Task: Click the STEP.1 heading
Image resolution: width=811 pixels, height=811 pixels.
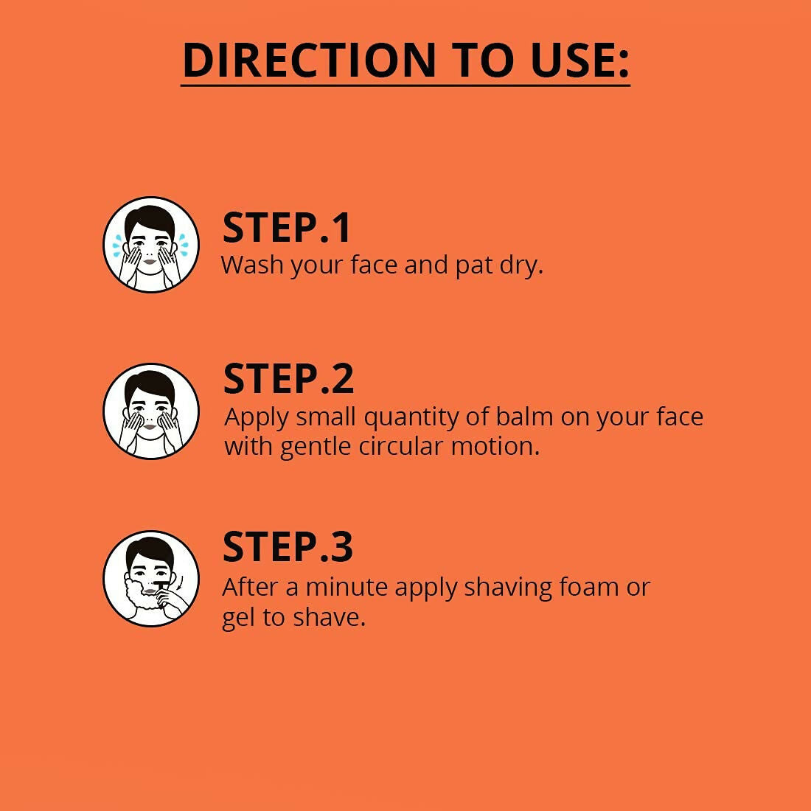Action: click(x=287, y=227)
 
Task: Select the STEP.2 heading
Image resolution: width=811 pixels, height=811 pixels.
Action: click(x=288, y=379)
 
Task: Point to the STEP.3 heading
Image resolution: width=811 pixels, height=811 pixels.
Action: click(x=288, y=546)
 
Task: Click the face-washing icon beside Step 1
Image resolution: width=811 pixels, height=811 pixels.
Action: click(x=151, y=244)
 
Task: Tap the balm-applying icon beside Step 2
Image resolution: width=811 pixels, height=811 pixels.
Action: click(x=151, y=411)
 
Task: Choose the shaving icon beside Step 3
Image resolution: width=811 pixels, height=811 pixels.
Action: click(x=151, y=578)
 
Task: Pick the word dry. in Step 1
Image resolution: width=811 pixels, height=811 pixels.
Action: click(x=521, y=265)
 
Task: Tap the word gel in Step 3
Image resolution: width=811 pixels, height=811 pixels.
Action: click(x=238, y=618)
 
